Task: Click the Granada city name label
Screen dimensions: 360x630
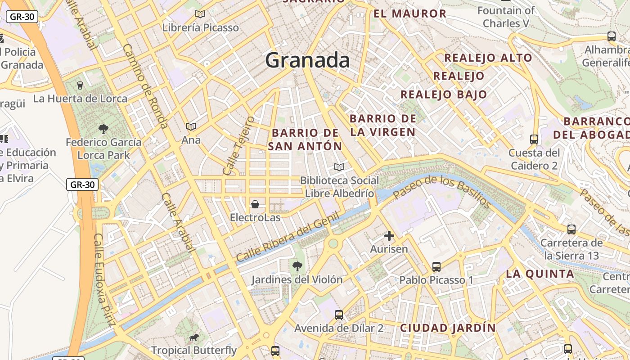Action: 307,60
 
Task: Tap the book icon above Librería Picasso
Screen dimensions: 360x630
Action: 200,14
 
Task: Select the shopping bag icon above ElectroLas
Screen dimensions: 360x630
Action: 255,205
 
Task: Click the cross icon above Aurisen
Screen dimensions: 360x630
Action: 389,236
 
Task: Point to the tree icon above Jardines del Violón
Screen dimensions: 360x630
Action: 297,266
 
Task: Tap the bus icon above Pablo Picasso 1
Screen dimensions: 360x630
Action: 436,267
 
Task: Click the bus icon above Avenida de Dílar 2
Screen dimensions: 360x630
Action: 339,315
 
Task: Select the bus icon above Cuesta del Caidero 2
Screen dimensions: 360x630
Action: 534,139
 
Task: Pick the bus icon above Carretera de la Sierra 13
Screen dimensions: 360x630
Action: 571,229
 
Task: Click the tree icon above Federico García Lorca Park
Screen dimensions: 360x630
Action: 103,130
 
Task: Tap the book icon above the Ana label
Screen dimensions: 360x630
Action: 191,127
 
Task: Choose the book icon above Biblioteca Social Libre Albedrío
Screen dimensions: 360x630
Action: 339,167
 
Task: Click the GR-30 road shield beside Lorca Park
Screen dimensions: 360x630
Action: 82,184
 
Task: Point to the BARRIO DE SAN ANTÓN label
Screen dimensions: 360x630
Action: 305,139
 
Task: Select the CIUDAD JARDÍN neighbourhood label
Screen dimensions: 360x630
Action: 448,328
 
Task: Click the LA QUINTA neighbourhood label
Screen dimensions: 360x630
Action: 540,274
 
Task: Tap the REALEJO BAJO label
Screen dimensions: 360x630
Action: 444,94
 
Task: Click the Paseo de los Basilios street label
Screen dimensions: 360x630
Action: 442,192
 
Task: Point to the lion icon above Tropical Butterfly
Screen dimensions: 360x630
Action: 194,337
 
